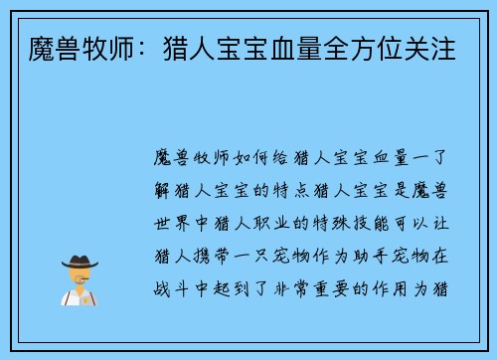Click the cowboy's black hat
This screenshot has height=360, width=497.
(x=79, y=263)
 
